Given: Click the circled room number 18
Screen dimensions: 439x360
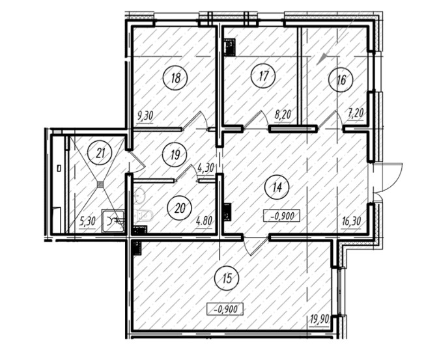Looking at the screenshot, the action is coord(176,78).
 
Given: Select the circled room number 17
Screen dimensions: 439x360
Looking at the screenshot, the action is coord(263,76).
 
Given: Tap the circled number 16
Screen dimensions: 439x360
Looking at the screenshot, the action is coord(341,80).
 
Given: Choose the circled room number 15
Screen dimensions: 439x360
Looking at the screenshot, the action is coord(227,279).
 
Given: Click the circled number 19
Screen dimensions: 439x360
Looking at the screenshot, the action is coord(176,155).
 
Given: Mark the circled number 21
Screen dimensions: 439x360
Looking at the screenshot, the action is coord(100,153).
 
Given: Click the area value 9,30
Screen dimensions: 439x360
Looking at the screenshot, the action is coord(145,115).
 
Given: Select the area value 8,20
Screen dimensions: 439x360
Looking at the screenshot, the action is coord(283,115).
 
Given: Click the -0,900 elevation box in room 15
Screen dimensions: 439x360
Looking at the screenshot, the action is coord(225,309).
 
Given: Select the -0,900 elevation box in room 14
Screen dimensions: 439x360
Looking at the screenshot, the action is coord(282,216).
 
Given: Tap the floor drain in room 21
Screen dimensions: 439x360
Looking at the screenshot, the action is coord(100,184).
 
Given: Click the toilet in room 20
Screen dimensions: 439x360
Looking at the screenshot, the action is coord(143,215).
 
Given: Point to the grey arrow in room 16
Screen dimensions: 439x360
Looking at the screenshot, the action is coord(322,59).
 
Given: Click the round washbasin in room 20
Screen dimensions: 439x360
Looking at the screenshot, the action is coord(139,195).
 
